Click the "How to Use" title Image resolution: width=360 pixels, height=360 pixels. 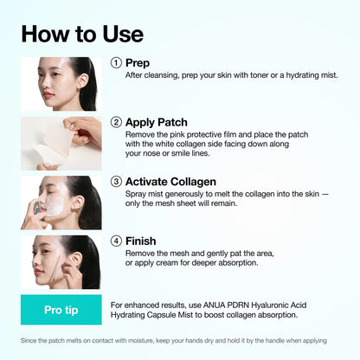tap(82, 34)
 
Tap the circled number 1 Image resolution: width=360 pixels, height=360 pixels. tap(116, 62)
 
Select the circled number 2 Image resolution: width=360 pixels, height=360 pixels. tap(116, 122)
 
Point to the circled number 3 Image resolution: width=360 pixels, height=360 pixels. tap(116, 182)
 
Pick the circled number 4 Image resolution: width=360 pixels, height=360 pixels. tap(116, 241)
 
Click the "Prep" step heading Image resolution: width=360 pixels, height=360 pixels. tap(138, 62)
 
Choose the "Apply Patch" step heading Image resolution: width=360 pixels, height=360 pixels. tap(157, 122)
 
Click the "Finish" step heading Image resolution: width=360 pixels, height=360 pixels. tap(142, 241)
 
